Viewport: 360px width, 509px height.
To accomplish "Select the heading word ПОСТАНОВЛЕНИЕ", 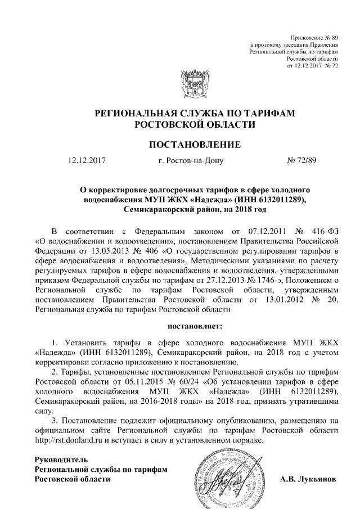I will [x=194, y=145].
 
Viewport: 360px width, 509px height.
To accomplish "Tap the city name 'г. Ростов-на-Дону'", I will [x=191, y=161].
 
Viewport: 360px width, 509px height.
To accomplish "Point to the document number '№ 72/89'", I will [x=302, y=161].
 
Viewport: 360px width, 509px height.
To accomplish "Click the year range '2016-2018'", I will [x=174, y=402].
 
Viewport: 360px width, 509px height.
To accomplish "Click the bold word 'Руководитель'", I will [x=61, y=460].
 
